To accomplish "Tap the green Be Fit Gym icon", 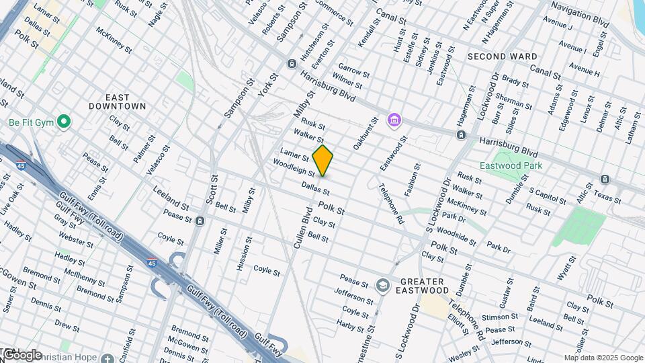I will click(64, 122).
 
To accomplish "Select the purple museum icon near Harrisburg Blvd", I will click(394, 121).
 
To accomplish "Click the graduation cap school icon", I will click(382, 286).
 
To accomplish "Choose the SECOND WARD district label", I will click(503, 56).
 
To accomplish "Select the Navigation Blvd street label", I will click(579, 14).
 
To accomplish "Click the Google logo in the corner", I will click(21, 355).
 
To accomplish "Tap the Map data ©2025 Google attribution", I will click(603, 358).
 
